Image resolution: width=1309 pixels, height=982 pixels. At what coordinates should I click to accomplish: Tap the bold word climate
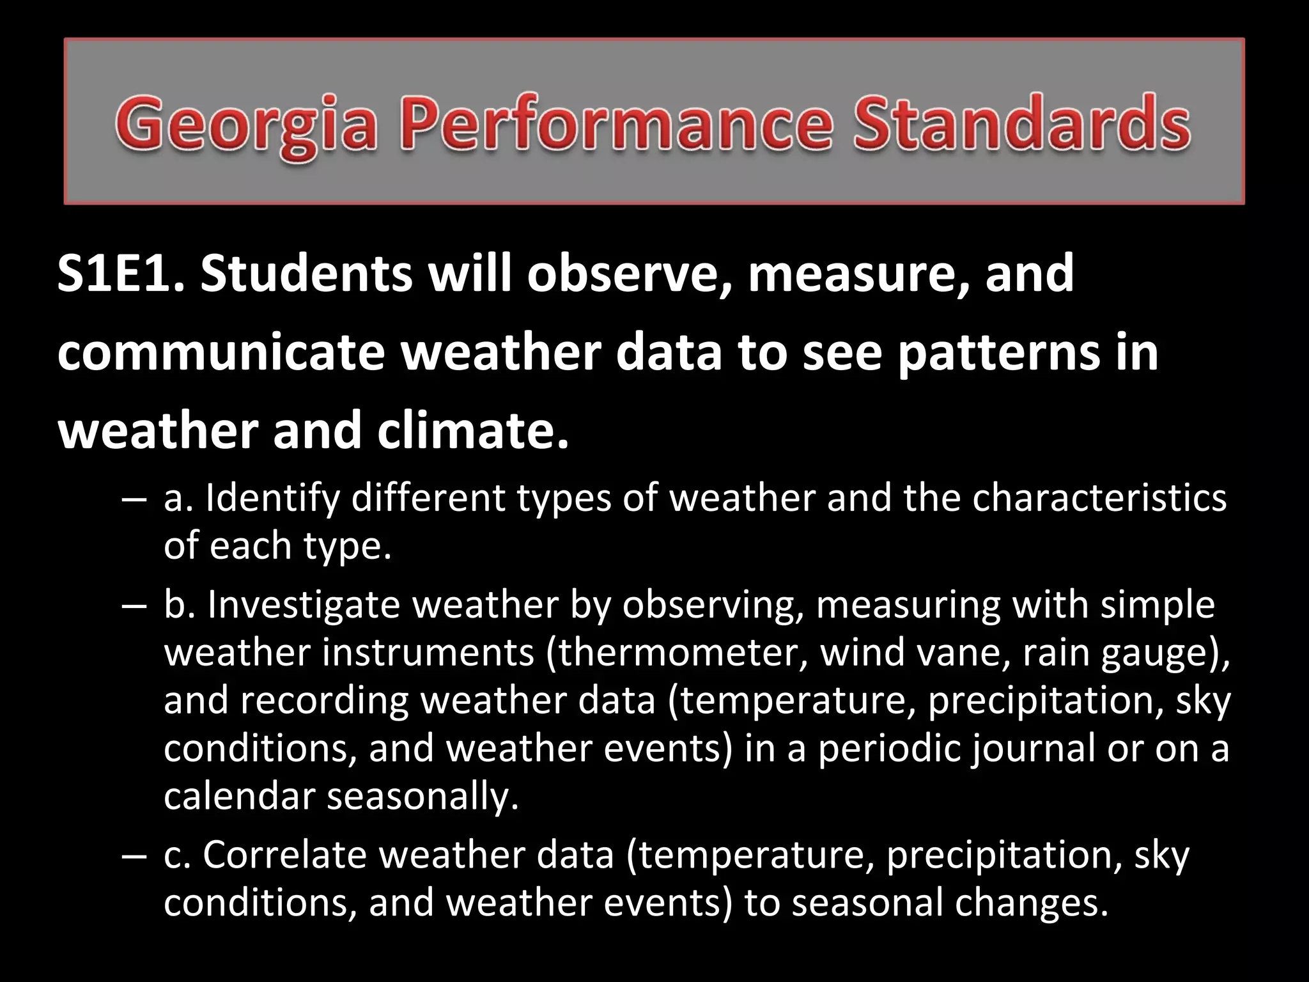coord(472,430)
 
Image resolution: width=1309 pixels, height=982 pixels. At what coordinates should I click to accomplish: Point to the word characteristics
coord(1099,498)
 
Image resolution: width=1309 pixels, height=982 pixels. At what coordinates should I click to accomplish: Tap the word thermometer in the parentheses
coord(678,653)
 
